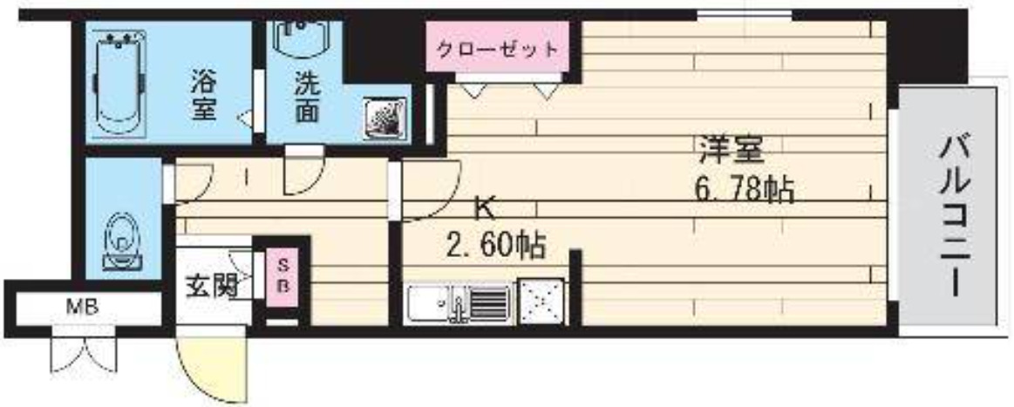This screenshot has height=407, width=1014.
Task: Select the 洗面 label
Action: click(x=306, y=98)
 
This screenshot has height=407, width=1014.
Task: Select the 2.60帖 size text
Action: click(x=494, y=247)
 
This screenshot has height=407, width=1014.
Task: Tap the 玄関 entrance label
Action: click(x=213, y=286)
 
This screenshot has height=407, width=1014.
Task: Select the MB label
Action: click(x=84, y=307)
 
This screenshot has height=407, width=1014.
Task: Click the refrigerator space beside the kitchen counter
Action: click(x=541, y=302)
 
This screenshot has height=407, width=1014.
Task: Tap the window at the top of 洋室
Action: click(x=744, y=13)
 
